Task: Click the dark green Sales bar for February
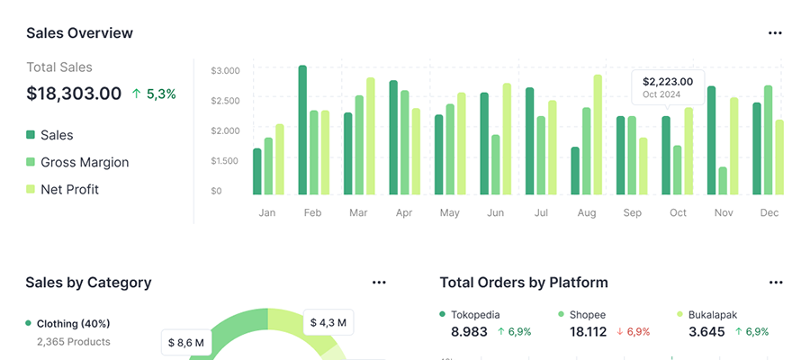tap(302, 130)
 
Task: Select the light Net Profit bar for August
tap(598, 134)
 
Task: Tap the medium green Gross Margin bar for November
tap(723, 180)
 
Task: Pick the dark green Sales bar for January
tap(257, 171)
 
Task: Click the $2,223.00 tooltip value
tap(668, 81)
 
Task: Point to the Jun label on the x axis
tap(495, 213)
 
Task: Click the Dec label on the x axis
tap(769, 213)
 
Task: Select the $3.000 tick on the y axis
tap(225, 70)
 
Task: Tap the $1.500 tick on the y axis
tap(225, 161)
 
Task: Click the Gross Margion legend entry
tap(85, 162)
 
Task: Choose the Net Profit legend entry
tap(69, 189)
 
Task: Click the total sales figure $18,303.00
tap(74, 93)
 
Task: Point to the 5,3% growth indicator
tap(154, 94)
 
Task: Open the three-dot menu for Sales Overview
tap(775, 33)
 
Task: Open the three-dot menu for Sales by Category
tap(379, 283)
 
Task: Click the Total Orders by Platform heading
tap(524, 283)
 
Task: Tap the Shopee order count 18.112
tap(589, 331)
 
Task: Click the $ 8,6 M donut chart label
tap(186, 342)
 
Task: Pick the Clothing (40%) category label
tap(74, 323)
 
